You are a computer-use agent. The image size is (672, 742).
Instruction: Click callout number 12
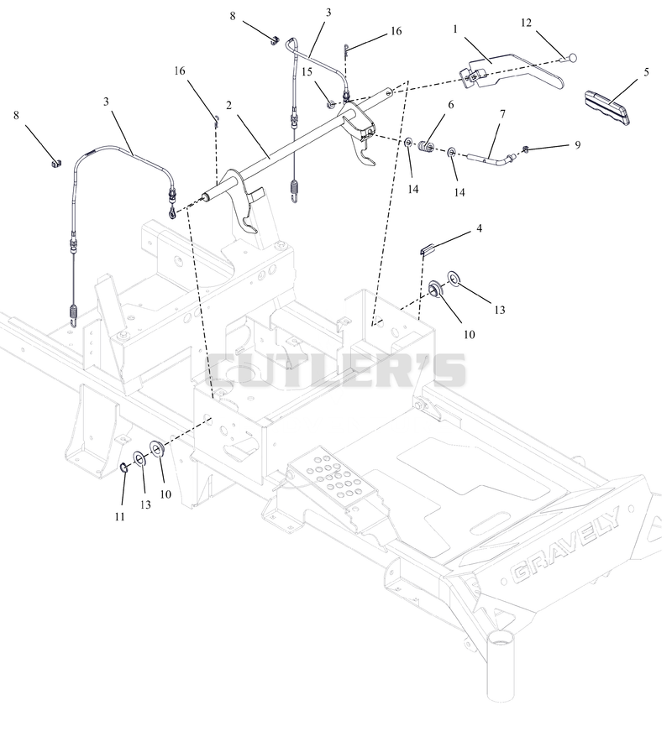coord(526,23)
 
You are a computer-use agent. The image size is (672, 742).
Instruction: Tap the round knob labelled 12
coord(571,58)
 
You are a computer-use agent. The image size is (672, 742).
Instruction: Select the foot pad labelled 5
coord(607,107)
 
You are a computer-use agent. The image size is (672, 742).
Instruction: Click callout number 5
coord(646,72)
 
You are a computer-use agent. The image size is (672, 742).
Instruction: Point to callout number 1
coord(455,29)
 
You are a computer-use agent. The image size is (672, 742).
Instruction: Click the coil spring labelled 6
coord(427,148)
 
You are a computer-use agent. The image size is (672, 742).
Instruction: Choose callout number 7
coord(502,114)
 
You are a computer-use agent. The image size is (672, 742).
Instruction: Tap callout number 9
coord(577,145)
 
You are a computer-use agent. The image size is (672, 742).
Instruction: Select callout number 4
coord(480,228)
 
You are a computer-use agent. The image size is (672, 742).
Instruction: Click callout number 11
coord(119,517)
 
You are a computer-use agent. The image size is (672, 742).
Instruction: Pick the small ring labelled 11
coord(123,468)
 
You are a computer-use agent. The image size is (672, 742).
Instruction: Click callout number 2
coord(228,105)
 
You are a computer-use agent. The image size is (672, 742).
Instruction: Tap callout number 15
coord(307,71)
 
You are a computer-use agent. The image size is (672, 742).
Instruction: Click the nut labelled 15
coord(332,103)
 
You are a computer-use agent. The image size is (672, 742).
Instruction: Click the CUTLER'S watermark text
coord(336,370)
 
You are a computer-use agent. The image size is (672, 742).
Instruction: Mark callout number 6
coord(450,104)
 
